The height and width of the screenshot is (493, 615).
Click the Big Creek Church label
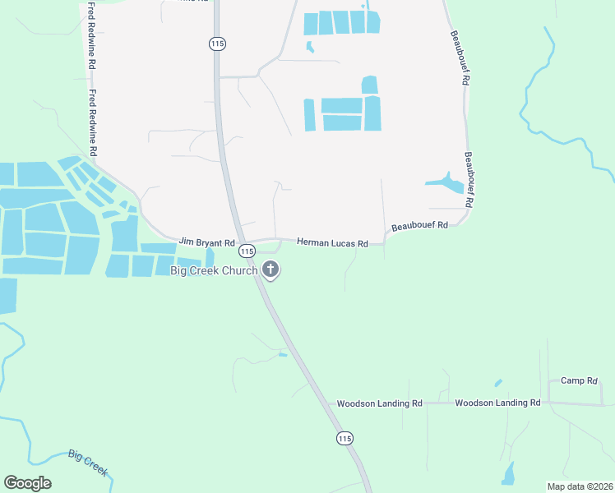pos(214,270)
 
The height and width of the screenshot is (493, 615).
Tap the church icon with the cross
pos(271,270)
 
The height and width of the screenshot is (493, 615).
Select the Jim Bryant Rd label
pos(207,244)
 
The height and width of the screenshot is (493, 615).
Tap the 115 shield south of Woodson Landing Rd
pos(344,439)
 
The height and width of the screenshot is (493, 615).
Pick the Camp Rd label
pos(579,380)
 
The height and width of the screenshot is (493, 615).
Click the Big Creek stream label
pos(89,463)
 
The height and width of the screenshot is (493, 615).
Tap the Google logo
pos(28,483)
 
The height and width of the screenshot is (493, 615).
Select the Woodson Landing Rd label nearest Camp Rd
pos(497,403)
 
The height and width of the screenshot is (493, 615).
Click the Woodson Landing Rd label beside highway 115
pos(379,403)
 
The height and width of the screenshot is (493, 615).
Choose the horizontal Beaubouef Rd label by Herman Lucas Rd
pos(419,225)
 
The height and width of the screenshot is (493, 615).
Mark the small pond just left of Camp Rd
pos(498,383)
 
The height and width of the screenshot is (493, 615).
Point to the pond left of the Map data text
pos(509,473)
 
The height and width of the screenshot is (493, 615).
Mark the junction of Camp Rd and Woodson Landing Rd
pos(549,403)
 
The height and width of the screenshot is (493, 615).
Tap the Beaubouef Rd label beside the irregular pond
pos(469,178)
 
